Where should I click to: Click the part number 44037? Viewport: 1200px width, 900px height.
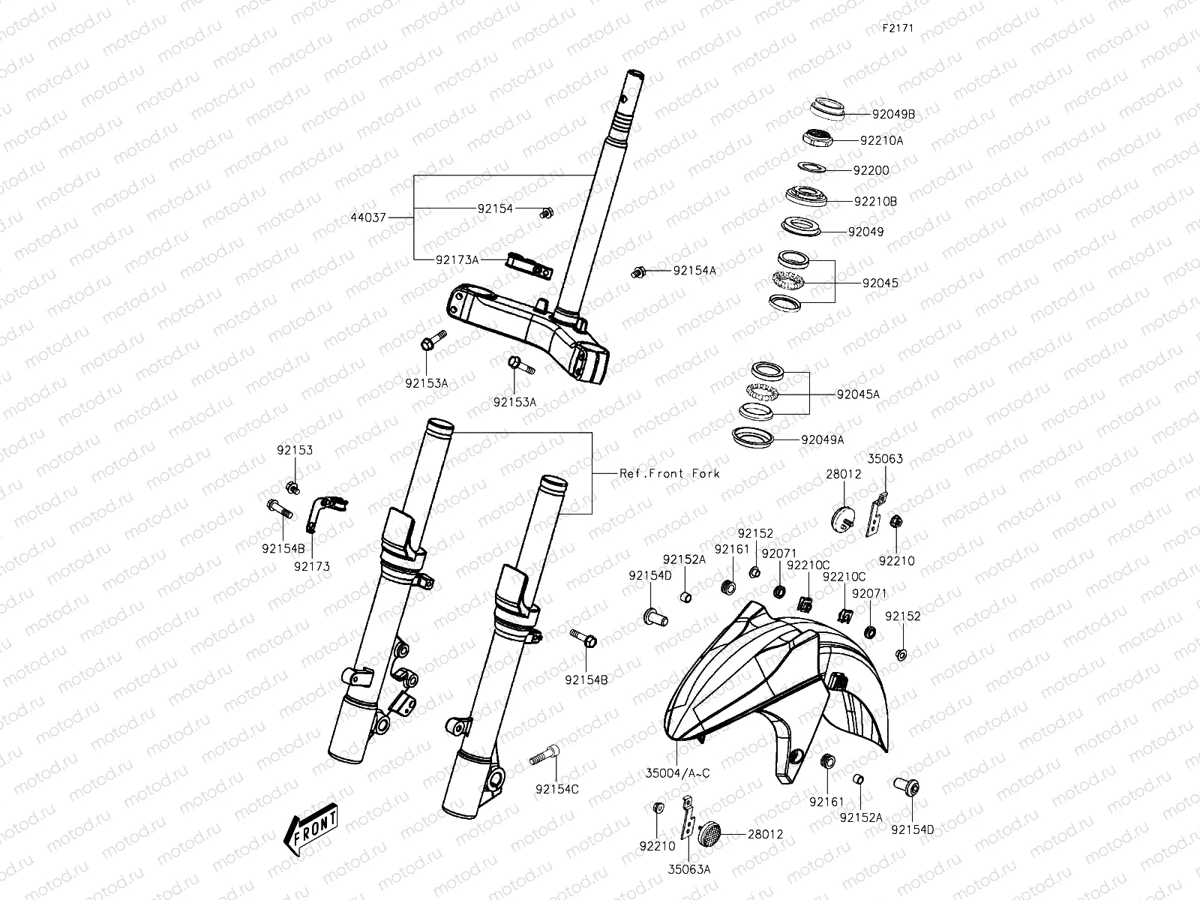point(367,217)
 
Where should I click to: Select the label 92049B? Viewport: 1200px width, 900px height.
point(893,115)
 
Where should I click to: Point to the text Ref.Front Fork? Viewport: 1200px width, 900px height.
point(669,473)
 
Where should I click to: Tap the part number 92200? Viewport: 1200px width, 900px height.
point(871,170)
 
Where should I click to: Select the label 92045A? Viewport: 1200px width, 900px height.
point(858,394)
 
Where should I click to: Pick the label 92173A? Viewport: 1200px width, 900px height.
point(457,259)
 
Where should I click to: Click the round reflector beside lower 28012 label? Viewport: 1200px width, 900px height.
point(709,834)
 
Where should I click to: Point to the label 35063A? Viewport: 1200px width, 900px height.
point(690,869)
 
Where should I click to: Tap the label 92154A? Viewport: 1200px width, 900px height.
point(694,270)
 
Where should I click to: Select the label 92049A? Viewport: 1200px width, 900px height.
point(822,439)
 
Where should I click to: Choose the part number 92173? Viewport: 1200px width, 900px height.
point(312,566)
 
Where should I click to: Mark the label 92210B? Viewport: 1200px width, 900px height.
point(874,201)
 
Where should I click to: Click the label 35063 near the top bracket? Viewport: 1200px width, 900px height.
point(885,459)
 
